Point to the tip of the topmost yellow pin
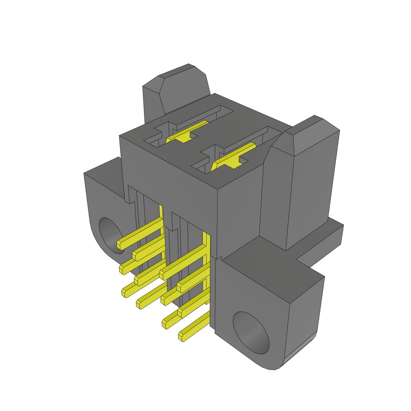pos(121,244)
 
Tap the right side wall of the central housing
pos(239,217)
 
